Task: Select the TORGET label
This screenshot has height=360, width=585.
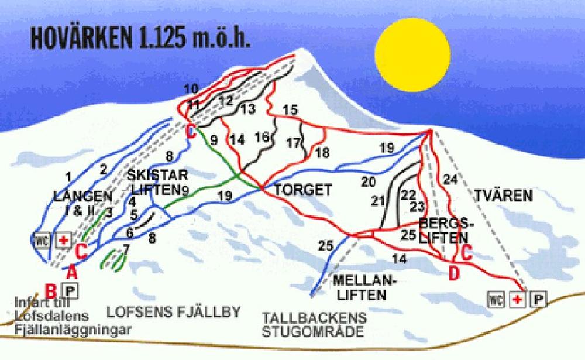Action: tap(304, 190)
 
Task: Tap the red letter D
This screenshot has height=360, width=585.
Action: tap(453, 272)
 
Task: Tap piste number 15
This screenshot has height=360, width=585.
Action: tap(290, 110)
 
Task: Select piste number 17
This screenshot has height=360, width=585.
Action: tap(293, 142)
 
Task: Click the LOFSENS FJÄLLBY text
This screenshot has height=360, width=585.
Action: tap(173, 312)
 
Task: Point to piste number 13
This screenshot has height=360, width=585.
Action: tap(248, 108)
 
